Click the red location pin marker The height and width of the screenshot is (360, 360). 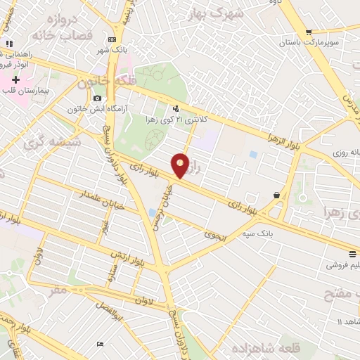[x=181, y=165]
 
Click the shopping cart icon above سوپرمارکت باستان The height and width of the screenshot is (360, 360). [x=308, y=32]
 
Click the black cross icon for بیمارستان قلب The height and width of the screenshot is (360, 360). [x=15, y=79]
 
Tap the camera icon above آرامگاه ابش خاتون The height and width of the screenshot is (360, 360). [x=97, y=98]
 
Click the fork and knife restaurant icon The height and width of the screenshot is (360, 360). [x=8, y=44]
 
